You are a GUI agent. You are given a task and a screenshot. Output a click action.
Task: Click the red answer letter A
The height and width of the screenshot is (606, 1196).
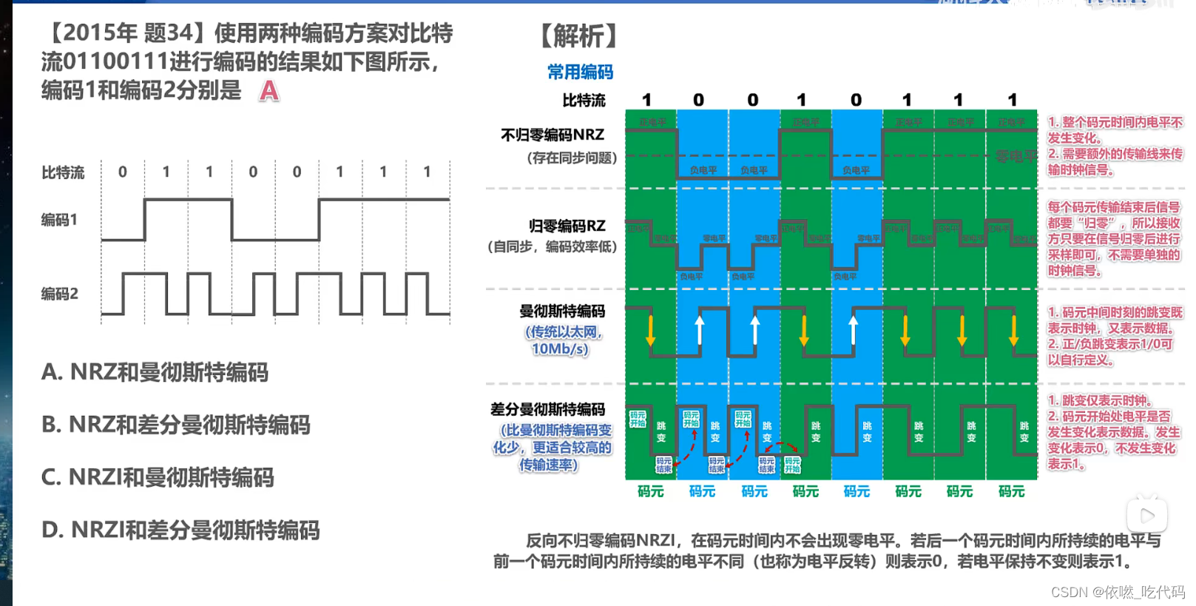click(269, 91)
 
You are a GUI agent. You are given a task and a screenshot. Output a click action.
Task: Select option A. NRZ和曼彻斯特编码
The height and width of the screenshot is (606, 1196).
click(155, 372)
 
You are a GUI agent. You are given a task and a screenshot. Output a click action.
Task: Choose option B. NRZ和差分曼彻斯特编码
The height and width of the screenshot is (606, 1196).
click(176, 425)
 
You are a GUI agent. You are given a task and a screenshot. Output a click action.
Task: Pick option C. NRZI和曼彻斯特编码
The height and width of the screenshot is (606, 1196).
click(158, 477)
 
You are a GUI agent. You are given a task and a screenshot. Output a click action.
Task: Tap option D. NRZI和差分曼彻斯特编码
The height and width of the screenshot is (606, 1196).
click(180, 530)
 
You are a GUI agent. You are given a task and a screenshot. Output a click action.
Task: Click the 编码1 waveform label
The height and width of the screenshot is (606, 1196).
click(59, 220)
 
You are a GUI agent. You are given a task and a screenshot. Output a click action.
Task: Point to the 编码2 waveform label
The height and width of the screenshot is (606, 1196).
click(59, 294)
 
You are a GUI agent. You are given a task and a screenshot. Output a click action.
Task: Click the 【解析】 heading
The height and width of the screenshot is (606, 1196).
click(579, 36)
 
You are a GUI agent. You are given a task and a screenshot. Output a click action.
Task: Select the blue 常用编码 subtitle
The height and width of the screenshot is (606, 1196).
click(580, 72)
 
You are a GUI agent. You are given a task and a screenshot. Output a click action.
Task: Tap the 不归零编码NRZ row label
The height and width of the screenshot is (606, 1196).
click(553, 135)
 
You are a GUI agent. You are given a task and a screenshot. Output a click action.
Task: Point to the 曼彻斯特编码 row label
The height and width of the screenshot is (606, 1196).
click(562, 311)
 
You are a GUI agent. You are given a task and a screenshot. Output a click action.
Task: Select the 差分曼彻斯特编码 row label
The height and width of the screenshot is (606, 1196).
click(547, 409)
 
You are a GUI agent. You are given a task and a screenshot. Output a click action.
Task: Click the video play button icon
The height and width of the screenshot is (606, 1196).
click(1147, 515)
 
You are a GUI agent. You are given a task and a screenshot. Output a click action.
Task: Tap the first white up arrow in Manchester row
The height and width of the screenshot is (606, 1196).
click(700, 329)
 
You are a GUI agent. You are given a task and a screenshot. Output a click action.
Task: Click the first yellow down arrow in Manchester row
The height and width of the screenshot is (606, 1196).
click(650, 330)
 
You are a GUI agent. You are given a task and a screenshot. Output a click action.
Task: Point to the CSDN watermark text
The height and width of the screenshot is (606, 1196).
click(1117, 592)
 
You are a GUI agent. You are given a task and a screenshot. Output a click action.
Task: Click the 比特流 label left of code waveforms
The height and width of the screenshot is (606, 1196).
click(63, 172)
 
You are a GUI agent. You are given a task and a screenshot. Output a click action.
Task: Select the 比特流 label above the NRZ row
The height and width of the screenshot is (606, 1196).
click(584, 100)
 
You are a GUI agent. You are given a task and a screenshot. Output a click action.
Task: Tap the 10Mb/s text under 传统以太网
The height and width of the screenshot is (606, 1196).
click(560, 349)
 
